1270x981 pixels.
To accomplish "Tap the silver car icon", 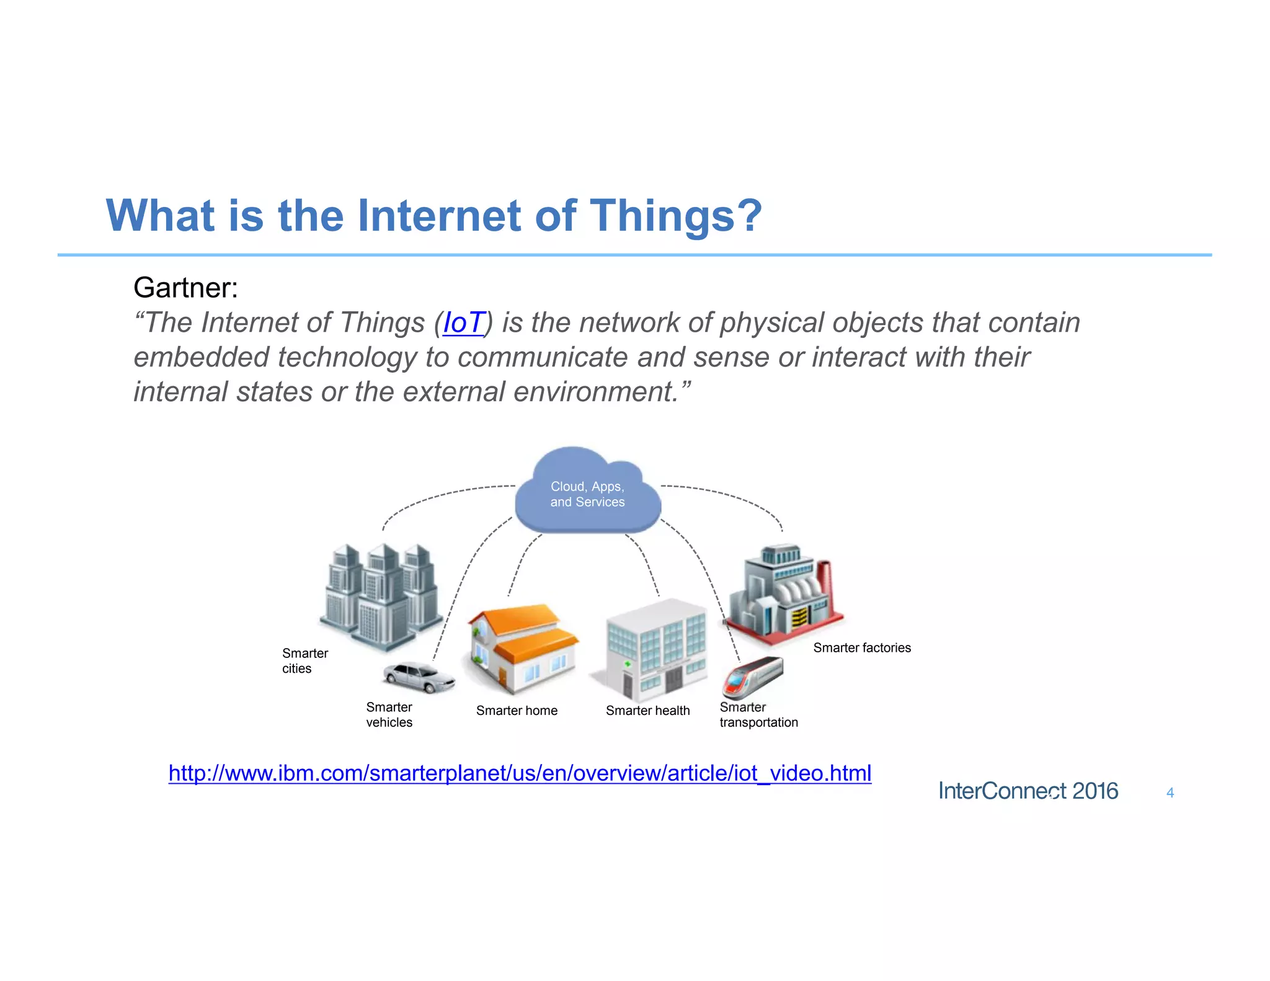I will coord(419,677).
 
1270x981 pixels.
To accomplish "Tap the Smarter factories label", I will coord(862,648).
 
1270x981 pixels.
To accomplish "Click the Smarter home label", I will coord(517,711).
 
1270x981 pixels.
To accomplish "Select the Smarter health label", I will coord(647,711).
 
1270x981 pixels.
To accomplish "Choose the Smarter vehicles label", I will coord(389,715).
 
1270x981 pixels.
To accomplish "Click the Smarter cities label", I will coord(304,661).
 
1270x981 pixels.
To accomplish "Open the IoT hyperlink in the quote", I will coord(463,322).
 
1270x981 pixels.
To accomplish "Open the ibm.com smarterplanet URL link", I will coord(520,773).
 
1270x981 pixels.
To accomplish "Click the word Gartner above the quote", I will coord(185,288).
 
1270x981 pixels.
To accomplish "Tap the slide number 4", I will coord(1170,792).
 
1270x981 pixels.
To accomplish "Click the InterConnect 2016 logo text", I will coord(1028,791).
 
